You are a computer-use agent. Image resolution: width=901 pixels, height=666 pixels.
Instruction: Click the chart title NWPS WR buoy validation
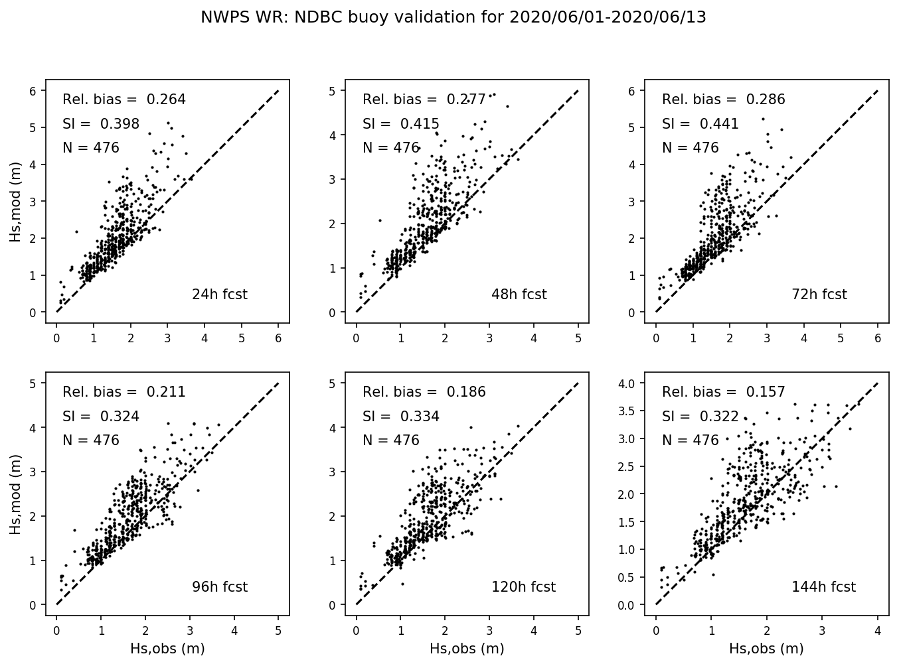click(x=453, y=18)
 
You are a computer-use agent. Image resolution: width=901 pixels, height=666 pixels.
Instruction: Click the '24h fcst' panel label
click(x=219, y=295)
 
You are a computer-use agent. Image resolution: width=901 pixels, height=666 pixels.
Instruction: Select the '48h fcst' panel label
click(x=519, y=295)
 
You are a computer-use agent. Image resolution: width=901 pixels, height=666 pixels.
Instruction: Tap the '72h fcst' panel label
click(x=819, y=295)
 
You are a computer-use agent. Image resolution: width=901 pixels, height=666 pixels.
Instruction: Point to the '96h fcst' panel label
click(x=219, y=587)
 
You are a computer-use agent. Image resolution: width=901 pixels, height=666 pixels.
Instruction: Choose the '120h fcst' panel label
click(x=523, y=587)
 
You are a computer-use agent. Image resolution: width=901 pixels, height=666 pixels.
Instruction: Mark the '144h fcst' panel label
click(x=823, y=587)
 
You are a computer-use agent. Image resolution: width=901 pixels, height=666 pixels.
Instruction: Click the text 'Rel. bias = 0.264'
click(x=124, y=100)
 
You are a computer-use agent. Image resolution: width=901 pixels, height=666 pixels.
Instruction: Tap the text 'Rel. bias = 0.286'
click(x=723, y=100)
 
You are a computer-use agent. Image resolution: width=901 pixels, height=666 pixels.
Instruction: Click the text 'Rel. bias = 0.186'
click(x=424, y=393)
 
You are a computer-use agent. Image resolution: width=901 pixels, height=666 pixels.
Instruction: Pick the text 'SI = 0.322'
click(x=700, y=417)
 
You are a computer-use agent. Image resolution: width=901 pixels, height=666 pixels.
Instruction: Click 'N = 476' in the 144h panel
click(x=690, y=441)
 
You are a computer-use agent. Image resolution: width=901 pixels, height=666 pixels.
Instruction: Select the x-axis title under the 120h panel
click(x=467, y=649)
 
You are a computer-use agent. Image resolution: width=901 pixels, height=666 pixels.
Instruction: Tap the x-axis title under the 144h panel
click(x=766, y=649)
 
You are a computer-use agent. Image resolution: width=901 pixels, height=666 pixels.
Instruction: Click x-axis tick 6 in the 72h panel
click(x=878, y=338)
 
